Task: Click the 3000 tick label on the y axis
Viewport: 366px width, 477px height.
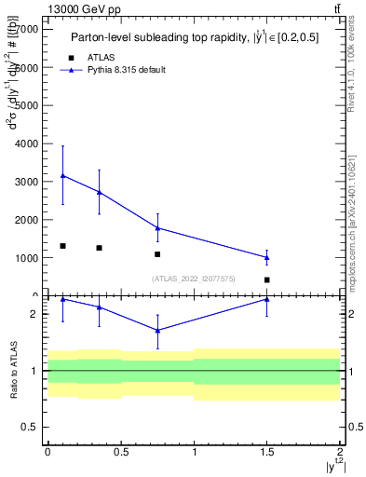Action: pos(28,182)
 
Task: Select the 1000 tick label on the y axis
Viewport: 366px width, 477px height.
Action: pos(28,258)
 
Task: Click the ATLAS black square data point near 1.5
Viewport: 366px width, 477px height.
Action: pos(266,279)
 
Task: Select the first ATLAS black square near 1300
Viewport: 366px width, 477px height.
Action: pos(62,246)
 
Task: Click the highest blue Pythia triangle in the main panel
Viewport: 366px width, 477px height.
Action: pos(62,175)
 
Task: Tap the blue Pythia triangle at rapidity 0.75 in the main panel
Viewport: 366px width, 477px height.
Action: pos(157,227)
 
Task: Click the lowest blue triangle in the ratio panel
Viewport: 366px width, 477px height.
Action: pos(157,330)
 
